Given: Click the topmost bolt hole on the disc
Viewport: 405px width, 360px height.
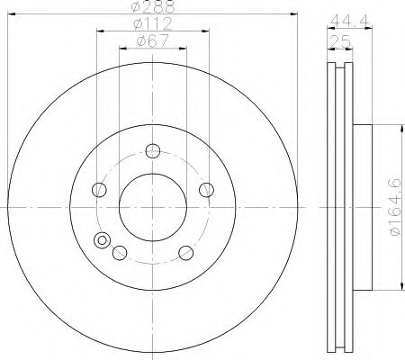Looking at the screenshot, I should point(153,150).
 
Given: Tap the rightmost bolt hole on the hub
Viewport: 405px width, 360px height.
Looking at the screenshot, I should point(206,189).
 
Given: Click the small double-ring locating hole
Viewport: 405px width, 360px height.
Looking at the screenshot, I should point(103,240).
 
